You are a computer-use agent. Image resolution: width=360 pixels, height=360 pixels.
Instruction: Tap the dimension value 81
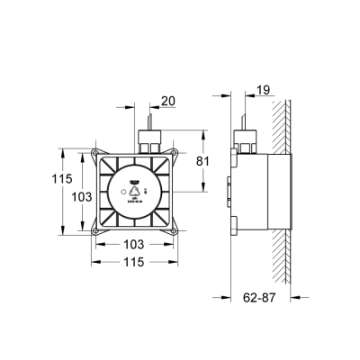pos(203,163)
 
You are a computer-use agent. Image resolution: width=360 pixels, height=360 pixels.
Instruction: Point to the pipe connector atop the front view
pos(149,139)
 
